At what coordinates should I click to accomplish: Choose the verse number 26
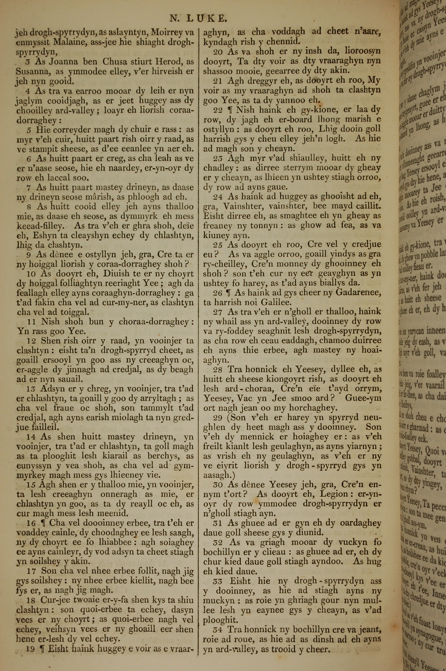click(218, 293)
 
